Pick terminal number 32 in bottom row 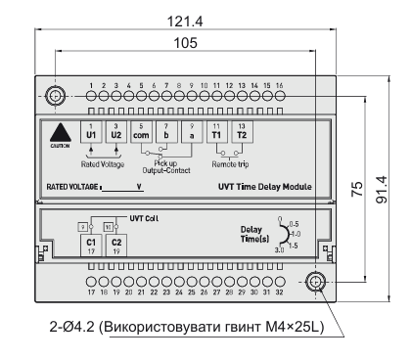(x=279, y=292)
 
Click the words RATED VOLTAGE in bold (x=71, y=184)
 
